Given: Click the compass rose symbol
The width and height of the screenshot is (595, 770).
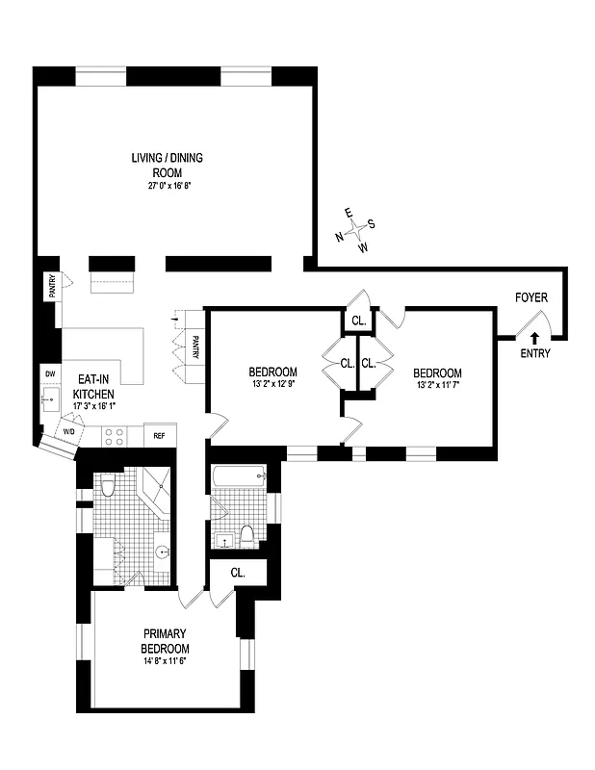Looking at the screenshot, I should tap(356, 228).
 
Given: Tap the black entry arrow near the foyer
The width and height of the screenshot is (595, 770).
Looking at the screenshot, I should tap(534, 339).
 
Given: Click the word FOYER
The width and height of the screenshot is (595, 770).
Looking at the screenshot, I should tap(530, 297).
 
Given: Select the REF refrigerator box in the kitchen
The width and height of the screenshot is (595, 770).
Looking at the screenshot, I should tap(159, 436).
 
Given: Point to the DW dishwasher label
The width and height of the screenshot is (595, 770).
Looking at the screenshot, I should tap(49, 373).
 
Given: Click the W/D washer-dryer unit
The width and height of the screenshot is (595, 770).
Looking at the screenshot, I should tap(68, 431).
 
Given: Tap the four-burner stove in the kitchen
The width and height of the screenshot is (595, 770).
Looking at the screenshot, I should tap(114, 435).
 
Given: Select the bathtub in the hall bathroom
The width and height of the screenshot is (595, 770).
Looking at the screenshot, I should tap(237, 475).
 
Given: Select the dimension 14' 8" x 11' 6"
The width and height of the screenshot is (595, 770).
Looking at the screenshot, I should tap(165, 661).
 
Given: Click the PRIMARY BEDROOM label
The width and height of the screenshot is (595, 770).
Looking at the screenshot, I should tap(165, 641).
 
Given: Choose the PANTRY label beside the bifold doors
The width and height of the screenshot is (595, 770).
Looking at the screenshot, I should tap(194, 346).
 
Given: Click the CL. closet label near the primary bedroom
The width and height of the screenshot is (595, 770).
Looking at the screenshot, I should tap(238, 572).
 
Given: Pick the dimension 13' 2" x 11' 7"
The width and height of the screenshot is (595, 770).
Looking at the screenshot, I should tap(437, 388).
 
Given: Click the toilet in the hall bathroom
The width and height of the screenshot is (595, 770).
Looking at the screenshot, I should tap(247, 535).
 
